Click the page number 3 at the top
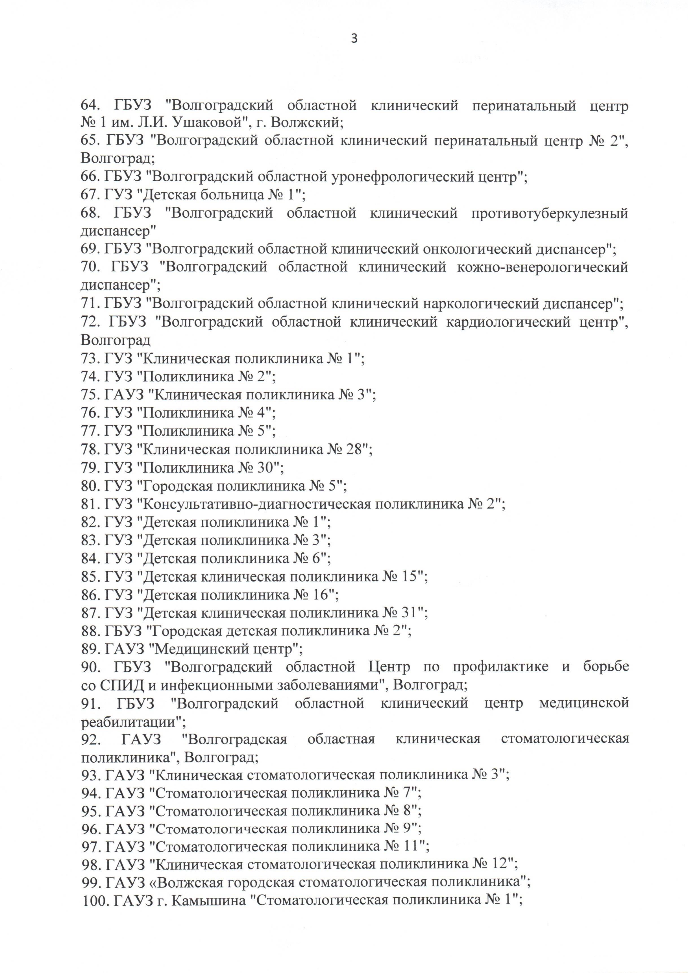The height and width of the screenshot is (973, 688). pyautogui.click(x=354, y=39)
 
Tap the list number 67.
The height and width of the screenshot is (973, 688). pyautogui.click(x=90, y=195)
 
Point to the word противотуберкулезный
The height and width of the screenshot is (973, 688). pyautogui.click(x=549, y=213)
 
